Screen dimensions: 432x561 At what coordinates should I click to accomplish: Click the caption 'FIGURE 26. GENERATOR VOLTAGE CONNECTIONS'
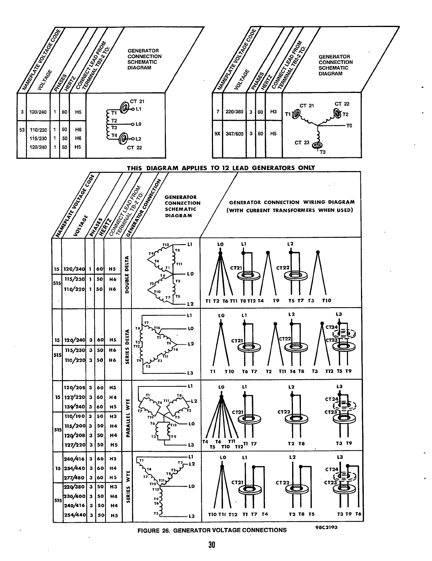pos(212,530)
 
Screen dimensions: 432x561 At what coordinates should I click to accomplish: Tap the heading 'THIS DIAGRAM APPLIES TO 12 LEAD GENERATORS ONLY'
pos(221,168)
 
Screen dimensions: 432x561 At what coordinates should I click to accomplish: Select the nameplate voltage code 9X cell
pos(217,134)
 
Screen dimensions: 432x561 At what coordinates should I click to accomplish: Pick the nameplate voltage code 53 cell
pos(22,129)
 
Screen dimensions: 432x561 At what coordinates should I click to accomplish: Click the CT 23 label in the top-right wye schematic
pos(302,143)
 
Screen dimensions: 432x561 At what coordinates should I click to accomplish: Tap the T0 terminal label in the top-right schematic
pos(349,125)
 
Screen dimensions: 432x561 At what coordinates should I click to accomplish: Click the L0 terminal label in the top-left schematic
pos(138,124)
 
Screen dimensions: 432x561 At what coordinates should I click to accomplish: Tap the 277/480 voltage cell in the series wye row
pos(75,477)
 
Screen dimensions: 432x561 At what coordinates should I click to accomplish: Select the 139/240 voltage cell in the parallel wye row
pos(75,406)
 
